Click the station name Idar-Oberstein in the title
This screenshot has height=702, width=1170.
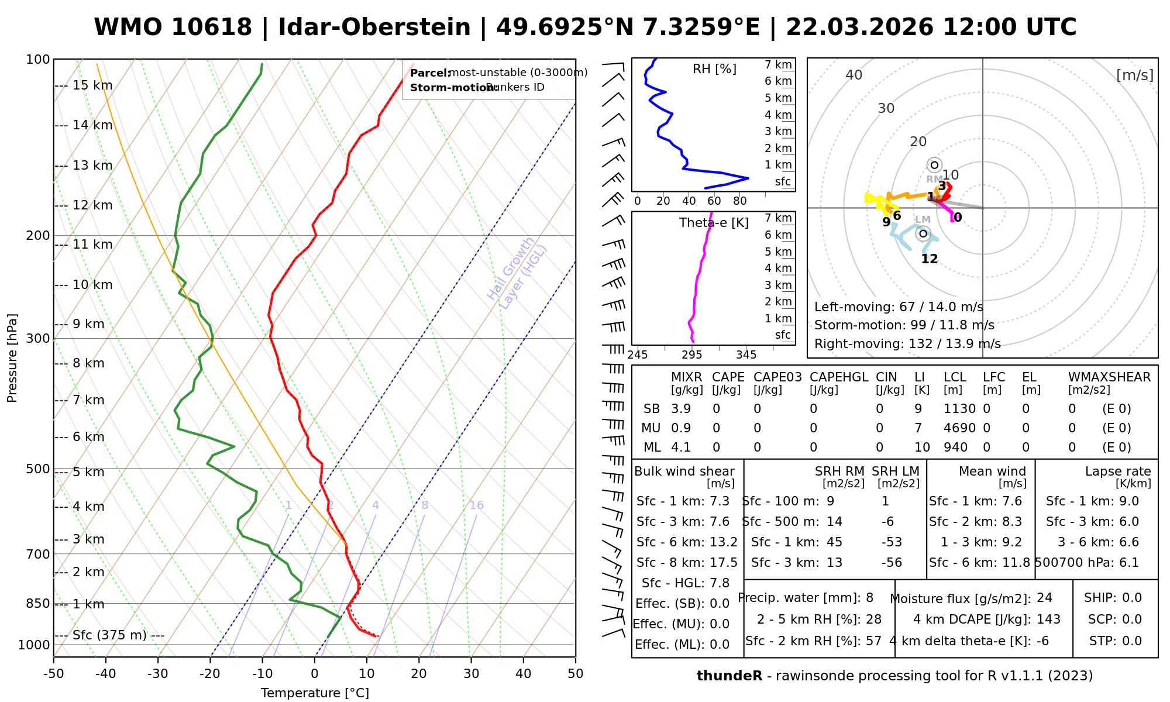374,27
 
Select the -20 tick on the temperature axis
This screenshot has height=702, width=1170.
210,674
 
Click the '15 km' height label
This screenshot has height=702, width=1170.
92,85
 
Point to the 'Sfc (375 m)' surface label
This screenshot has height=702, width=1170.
109,635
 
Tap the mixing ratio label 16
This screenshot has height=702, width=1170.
476,505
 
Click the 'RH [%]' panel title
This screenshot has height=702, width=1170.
714,69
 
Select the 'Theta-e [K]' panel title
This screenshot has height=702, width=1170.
714,223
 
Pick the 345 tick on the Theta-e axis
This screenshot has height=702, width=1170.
746,355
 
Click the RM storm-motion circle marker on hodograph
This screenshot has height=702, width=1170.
934,165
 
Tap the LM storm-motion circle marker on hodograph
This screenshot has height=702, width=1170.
923,233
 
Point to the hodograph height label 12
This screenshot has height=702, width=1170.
930,259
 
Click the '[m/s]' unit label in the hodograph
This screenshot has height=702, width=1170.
1134,75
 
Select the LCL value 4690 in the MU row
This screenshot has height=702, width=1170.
959,428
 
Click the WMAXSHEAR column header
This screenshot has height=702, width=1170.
1109,377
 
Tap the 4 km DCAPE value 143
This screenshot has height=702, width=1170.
1048,620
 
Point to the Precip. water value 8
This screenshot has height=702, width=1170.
869,598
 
